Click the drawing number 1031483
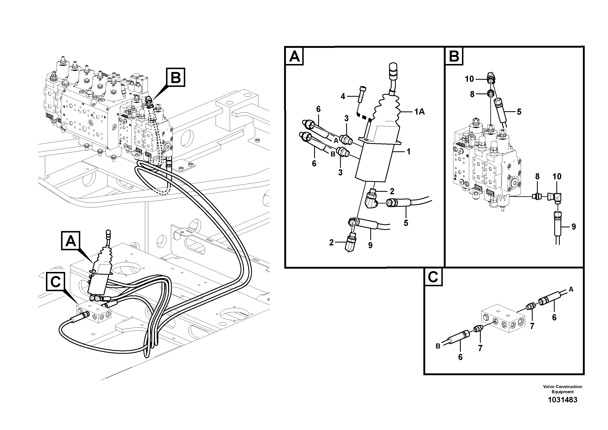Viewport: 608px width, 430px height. tap(562, 400)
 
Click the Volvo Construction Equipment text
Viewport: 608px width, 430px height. tap(562, 389)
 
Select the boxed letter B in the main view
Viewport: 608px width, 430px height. tap(176, 77)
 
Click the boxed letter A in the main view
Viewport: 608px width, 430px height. tap(71, 241)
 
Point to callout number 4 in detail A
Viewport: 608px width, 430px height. tap(343, 97)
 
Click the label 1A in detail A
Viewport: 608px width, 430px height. tap(419, 112)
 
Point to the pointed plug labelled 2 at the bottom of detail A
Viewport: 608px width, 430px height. tap(351, 243)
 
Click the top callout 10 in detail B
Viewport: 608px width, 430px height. tap(469, 79)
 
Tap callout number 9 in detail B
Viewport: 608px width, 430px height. tap(573, 227)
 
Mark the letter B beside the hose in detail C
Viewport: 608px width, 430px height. tap(438, 346)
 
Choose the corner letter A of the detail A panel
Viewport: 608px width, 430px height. tap(295, 56)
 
